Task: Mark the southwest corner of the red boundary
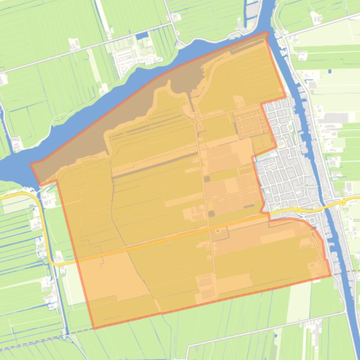coord(94,328)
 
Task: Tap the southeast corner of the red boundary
coord(331,275)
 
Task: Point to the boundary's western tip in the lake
coord(31,164)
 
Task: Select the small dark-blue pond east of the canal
coord(330,72)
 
